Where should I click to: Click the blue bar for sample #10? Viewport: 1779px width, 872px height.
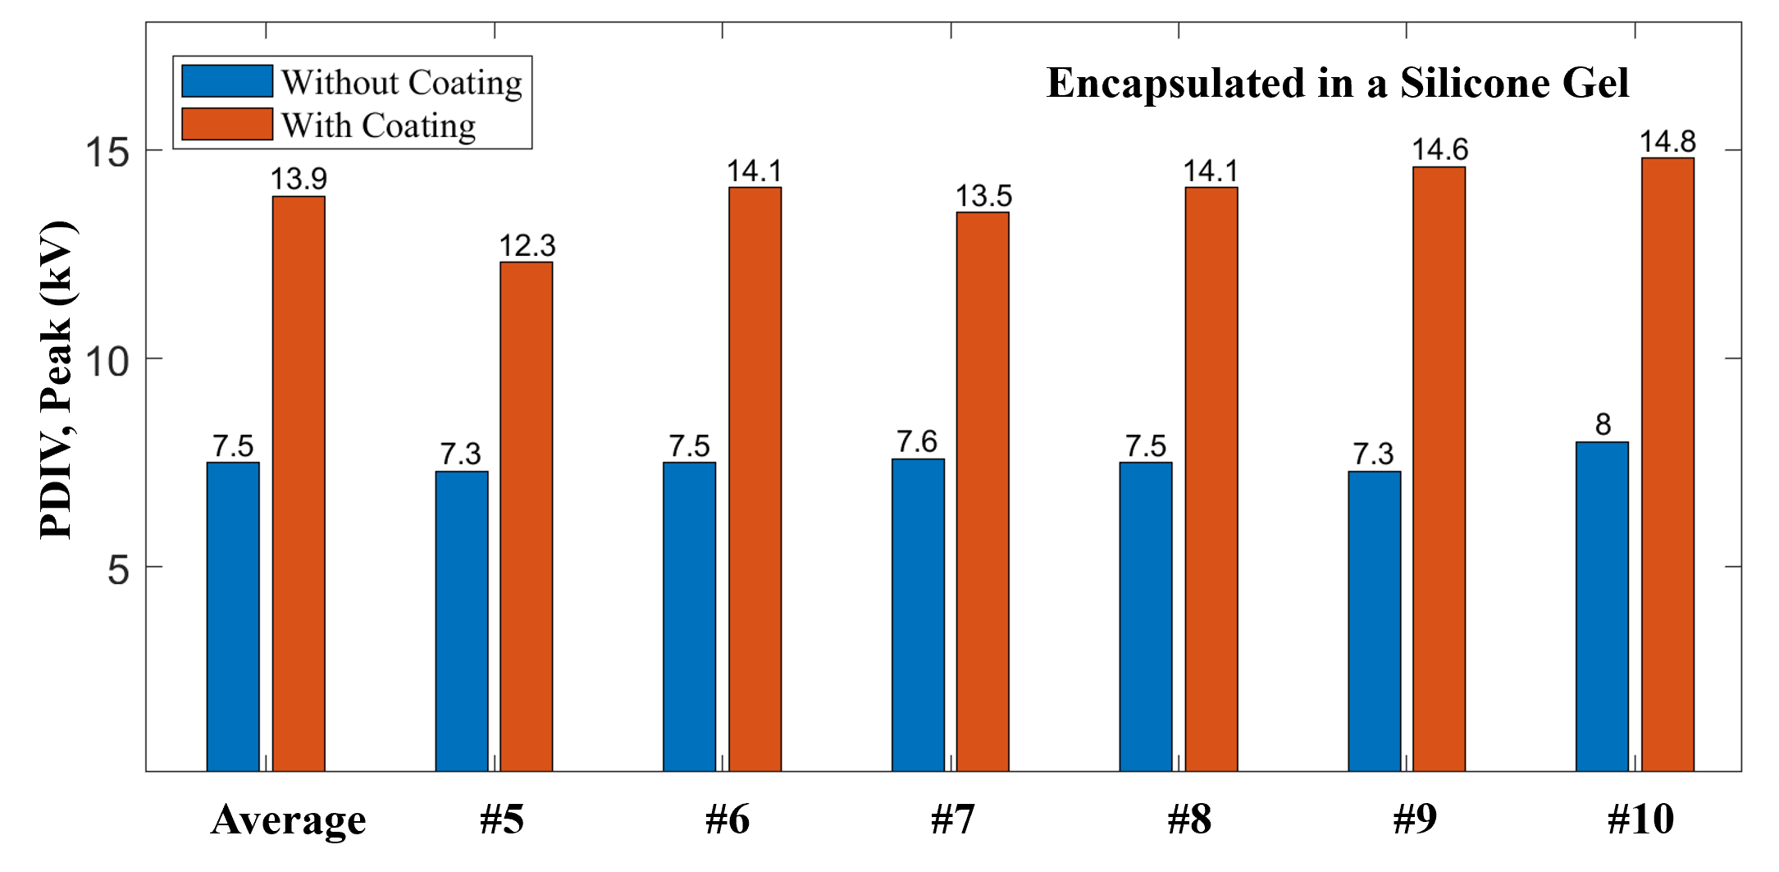click(1602, 607)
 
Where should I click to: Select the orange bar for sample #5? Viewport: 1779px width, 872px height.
click(527, 517)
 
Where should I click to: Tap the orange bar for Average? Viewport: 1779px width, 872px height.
click(299, 484)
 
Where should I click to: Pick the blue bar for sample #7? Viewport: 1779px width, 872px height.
click(918, 615)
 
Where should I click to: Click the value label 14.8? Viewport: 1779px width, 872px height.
click(1667, 142)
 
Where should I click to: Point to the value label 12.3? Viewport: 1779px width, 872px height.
click(527, 245)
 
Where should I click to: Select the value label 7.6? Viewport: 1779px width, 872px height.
click(917, 442)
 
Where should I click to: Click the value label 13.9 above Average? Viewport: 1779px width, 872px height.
click(299, 179)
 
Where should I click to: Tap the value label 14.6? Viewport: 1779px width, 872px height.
click(1439, 150)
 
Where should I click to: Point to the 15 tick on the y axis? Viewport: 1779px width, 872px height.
click(107, 152)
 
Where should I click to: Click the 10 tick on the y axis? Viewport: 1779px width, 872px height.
click(107, 361)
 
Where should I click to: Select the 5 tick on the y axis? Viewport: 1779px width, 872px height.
click(118, 569)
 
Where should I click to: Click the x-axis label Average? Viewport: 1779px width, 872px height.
click(288, 819)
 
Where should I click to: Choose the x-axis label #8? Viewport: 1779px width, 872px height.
click(1189, 819)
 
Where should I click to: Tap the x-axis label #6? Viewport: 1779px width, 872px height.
click(728, 819)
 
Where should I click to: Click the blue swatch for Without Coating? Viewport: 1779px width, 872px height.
click(226, 81)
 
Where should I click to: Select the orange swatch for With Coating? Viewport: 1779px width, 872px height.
click(226, 124)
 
